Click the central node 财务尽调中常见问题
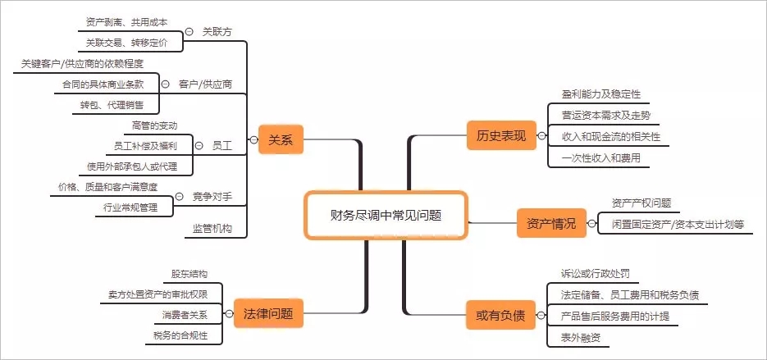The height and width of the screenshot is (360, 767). coord(386,215)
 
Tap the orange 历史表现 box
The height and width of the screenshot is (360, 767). coord(496,135)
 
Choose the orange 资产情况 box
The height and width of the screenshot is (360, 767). coord(546,222)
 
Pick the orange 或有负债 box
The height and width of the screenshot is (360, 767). coord(495,315)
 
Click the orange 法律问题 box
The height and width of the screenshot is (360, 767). coord(268,313)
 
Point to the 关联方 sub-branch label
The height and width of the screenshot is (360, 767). coord(217,31)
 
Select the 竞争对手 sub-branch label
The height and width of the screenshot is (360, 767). coord(212,196)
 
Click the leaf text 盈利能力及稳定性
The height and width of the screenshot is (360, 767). coord(601,94)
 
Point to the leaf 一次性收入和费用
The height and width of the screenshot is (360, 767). coord(601,157)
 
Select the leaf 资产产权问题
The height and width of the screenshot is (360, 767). coord(641,202)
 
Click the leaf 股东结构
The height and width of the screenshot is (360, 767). coord(189,273)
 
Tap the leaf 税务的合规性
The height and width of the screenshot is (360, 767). coord(180,335)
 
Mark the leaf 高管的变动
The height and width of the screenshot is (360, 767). coord(155,125)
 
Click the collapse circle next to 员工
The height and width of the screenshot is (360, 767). coord(199,145)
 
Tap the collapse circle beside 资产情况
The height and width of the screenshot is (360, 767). coord(591,222)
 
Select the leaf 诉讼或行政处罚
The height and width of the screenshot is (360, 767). coord(596,274)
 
